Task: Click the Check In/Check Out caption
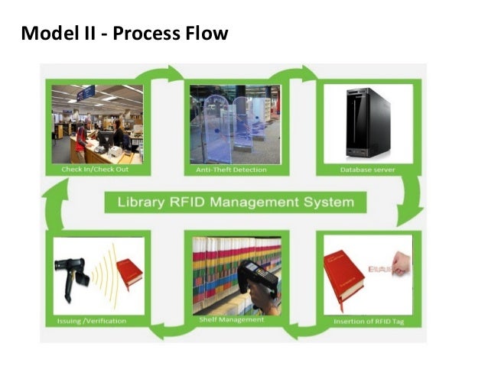click(95, 169)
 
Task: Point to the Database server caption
click(368, 169)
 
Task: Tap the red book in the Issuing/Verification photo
click(129, 271)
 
